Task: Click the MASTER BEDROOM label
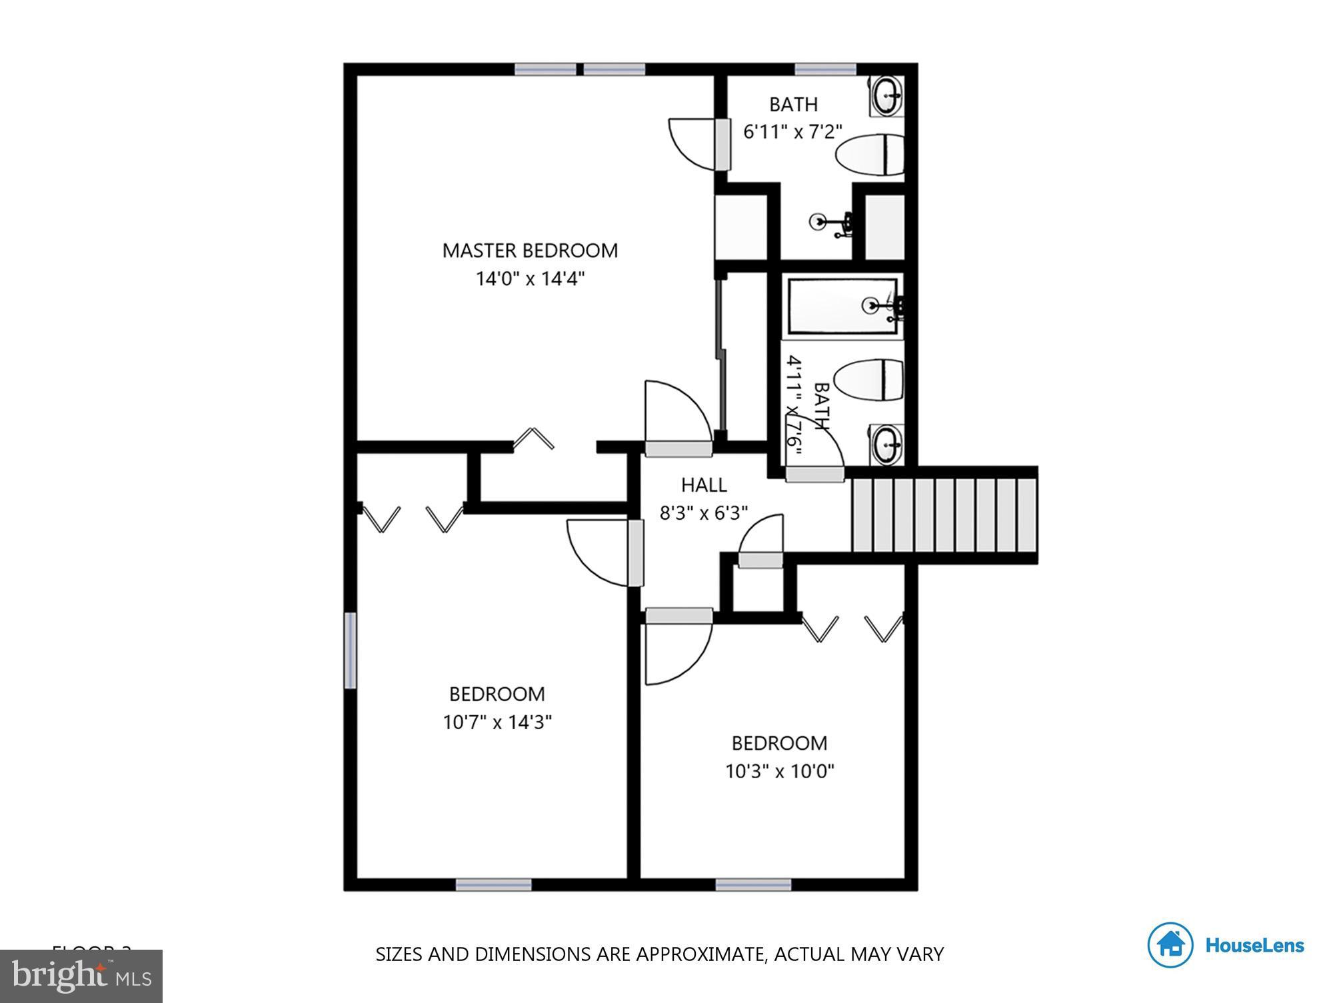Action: tap(530, 251)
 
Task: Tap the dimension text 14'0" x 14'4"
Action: tap(530, 279)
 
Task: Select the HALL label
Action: tap(703, 485)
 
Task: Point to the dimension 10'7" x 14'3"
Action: tap(497, 722)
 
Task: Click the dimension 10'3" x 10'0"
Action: tap(779, 771)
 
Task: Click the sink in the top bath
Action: tap(887, 97)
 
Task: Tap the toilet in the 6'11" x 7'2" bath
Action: tap(870, 155)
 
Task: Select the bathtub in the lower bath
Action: tap(842, 306)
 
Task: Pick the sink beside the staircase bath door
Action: tap(886, 443)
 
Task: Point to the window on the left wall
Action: tap(350, 650)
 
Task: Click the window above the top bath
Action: tap(825, 69)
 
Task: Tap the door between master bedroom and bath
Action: tap(722, 144)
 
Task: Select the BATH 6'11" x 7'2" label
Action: tap(792, 118)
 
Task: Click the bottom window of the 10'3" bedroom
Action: tap(753, 885)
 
